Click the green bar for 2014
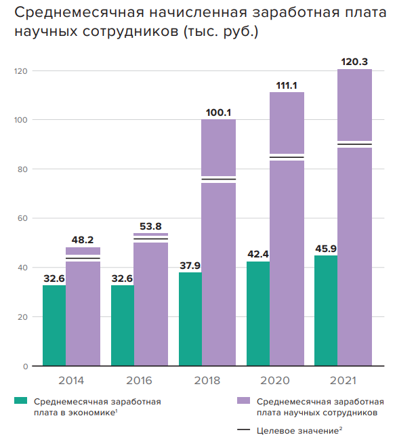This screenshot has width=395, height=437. [x=54, y=325]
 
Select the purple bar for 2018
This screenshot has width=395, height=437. [x=218, y=271]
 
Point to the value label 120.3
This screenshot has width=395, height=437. [x=354, y=62]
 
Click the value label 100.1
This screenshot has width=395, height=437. [x=218, y=112]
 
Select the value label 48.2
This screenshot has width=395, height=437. [x=83, y=240]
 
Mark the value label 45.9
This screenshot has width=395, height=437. [x=326, y=248]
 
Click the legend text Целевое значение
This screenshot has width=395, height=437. [x=294, y=430]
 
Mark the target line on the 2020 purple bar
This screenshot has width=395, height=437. [x=287, y=157]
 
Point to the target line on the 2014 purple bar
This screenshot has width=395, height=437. [x=83, y=258]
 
